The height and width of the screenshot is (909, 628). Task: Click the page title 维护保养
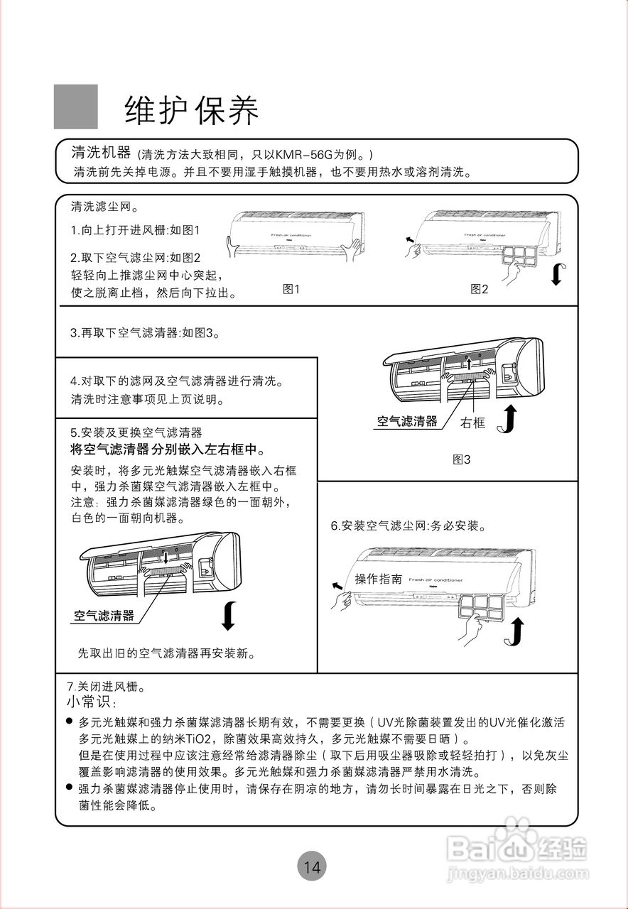click(192, 109)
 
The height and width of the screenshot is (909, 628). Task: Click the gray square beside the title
click(76, 107)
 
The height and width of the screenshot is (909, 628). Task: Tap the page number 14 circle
click(312, 866)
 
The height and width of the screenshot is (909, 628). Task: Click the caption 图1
click(292, 289)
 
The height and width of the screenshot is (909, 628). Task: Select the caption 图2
click(480, 289)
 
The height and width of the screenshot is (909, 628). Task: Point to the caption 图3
click(462, 459)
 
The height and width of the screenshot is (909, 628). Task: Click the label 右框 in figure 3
click(472, 423)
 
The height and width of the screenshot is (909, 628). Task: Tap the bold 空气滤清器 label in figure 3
click(406, 421)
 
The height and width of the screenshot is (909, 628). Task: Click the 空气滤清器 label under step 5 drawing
click(104, 616)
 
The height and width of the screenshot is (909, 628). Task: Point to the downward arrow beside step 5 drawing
click(227, 615)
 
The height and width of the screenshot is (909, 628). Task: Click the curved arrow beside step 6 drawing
click(515, 631)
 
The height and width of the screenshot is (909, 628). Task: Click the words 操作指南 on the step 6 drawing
click(378, 579)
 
